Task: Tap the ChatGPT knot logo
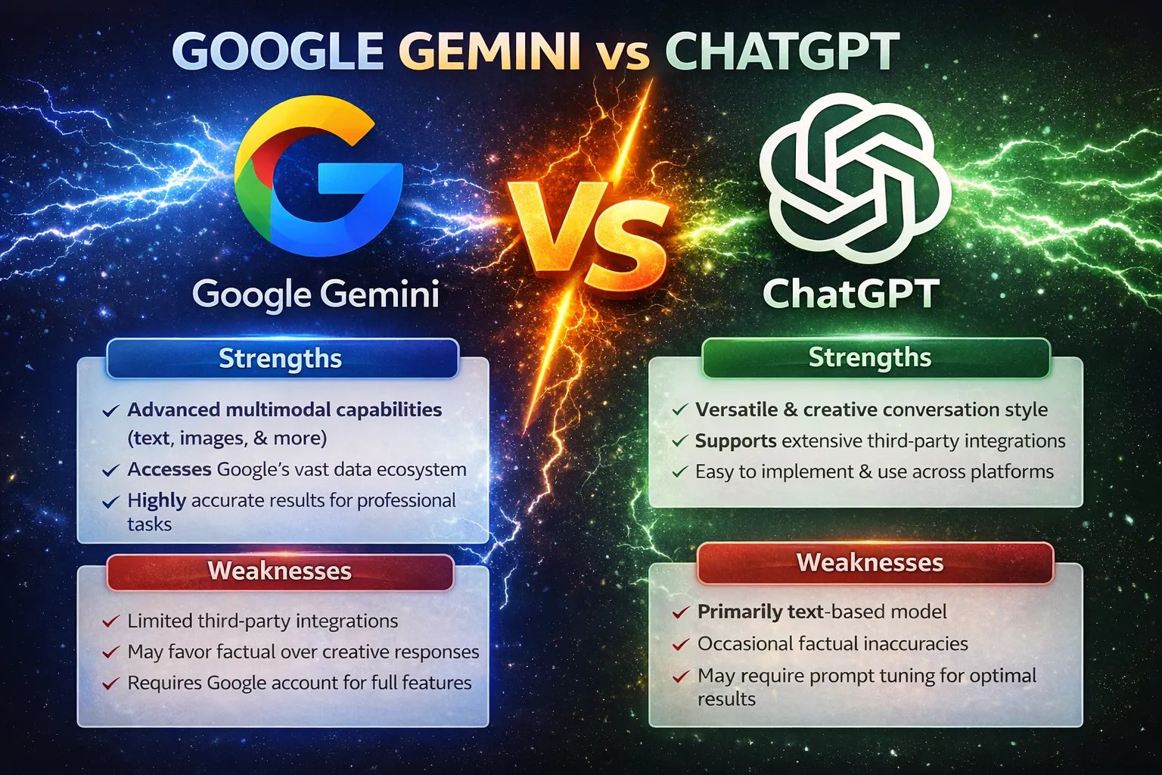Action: tap(854, 178)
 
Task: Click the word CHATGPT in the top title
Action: tap(782, 51)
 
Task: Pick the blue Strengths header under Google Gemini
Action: tap(281, 359)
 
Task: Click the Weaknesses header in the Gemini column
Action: tap(280, 571)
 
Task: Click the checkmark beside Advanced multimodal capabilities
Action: tap(110, 411)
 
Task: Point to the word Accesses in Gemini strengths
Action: tap(169, 470)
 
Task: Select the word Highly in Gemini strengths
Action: tap(157, 501)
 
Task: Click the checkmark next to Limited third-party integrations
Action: tap(110, 621)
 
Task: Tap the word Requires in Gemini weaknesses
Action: tap(164, 683)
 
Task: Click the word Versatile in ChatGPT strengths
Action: tap(736, 410)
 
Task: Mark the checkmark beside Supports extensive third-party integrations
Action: tap(679, 441)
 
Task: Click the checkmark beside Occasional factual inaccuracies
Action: tap(681, 645)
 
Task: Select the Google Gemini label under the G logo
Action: tap(315, 294)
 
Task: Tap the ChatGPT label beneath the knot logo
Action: tap(850, 294)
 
